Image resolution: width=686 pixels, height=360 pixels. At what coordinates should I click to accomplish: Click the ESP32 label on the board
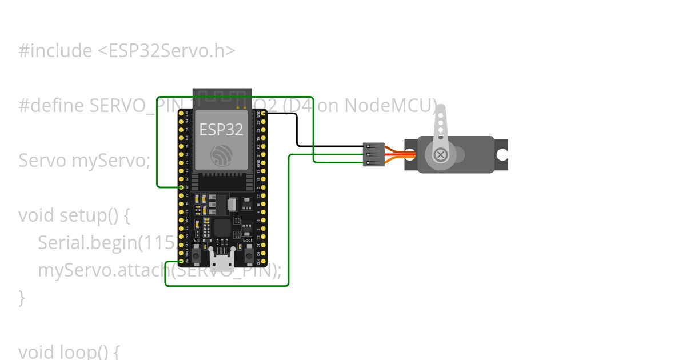pos(221,130)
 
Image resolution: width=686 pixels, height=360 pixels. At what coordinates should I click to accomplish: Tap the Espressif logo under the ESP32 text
pos(221,155)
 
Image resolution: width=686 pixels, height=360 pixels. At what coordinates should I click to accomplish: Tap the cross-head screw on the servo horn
pos(440,154)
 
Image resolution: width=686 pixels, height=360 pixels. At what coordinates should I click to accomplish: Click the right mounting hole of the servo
pos(501,154)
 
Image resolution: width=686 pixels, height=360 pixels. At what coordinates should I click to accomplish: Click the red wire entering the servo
pos(400,154)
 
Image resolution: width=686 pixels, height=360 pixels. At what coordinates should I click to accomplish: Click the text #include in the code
pos(55,51)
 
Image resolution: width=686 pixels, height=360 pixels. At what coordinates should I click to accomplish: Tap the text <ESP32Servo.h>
pos(166,51)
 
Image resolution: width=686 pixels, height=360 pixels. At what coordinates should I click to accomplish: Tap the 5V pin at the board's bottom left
pos(181,262)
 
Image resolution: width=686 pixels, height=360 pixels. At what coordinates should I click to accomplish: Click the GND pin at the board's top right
pos(264,114)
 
